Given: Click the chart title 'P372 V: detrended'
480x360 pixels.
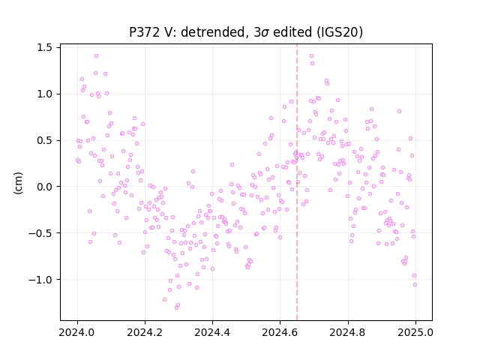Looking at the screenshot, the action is (x=189, y=32).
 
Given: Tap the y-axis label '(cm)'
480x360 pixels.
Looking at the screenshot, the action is (x=18, y=183).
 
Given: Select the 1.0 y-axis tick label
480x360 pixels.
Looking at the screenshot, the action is (x=44, y=94).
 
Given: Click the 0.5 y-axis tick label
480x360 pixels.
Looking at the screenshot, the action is (x=44, y=140).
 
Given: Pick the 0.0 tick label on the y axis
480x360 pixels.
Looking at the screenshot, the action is (x=44, y=187).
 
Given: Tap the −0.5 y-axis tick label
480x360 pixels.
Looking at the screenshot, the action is (x=40, y=233).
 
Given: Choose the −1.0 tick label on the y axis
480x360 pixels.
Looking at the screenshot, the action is (x=40, y=280).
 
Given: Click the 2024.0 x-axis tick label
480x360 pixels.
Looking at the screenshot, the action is (x=77, y=332).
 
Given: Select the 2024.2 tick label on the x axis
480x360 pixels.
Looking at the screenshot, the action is (x=145, y=332).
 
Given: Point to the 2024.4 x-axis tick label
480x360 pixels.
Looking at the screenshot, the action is (x=212, y=332).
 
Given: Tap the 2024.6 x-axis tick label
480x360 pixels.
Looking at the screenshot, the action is (x=280, y=332).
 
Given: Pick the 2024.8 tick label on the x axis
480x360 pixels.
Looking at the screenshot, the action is (x=347, y=332).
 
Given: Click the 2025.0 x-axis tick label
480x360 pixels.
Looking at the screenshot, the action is (x=415, y=332).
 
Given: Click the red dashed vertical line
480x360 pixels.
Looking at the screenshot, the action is (x=297, y=182).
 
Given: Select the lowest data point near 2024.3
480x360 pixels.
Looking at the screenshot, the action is (x=177, y=307).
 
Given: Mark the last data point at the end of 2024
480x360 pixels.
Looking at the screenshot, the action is (x=415, y=285).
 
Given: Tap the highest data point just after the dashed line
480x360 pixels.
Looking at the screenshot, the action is (x=312, y=56).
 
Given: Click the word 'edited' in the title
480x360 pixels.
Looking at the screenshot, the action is (x=292, y=31).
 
